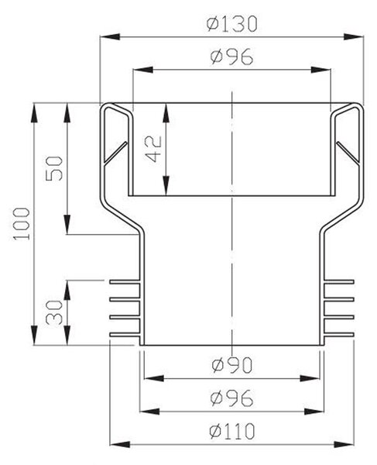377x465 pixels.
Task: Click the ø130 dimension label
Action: [231, 24]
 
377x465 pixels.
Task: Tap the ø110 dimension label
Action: [231, 431]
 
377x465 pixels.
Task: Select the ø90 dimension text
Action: [232, 365]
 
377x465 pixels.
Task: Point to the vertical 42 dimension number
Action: [155, 149]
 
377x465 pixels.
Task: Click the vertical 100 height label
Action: [22, 224]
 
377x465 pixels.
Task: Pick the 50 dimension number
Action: [54, 168]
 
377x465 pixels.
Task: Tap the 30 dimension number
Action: [54, 312]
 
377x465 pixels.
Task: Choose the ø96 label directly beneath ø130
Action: [232, 57]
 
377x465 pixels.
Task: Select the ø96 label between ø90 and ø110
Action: [232, 398]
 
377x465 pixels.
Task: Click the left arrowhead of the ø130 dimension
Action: [110, 36]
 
